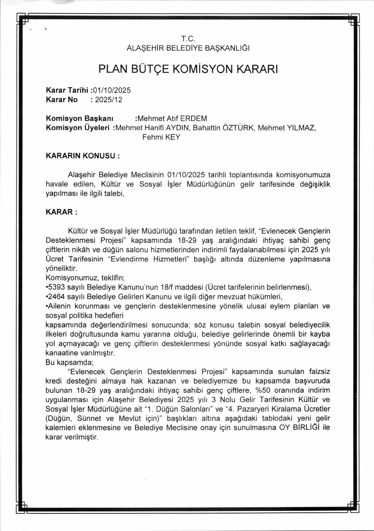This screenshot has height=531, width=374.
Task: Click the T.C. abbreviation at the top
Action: pyautogui.click(x=188, y=39)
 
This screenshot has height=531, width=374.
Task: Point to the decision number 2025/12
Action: pyautogui.click(x=108, y=100)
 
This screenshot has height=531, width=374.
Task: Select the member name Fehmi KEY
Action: pyautogui.click(x=161, y=137)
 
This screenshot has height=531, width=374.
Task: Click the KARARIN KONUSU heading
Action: pyautogui.click(x=83, y=156)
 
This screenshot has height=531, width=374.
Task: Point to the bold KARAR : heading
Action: pyautogui.click(x=61, y=212)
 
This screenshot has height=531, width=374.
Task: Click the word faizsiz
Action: pyautogui.click(x=319, y=372)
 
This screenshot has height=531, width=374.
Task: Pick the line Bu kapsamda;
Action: pyautogui.click(x=69, y=362)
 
